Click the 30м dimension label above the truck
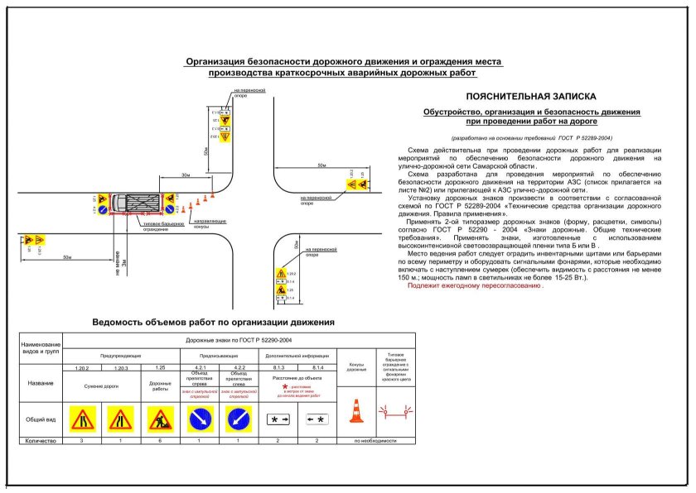tap(186, 175)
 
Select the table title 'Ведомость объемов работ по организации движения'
tap(213, 322)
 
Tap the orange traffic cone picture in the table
tap(356, 412)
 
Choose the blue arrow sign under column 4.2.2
tap(238, 419)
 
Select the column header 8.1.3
tap(278, 366)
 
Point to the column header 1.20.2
tap(82, 366)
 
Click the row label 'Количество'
tap(41, 441)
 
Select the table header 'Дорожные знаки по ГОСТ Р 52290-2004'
tap(200, 339)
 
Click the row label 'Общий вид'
tap(41, 419)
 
